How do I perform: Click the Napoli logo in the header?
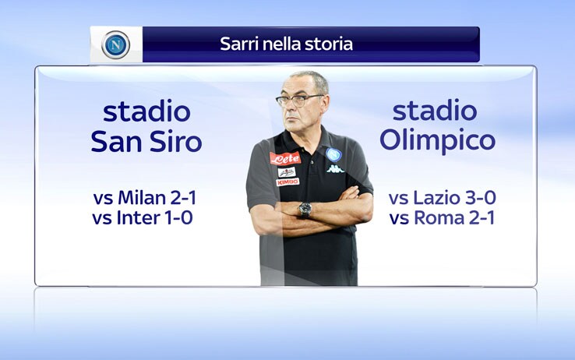pos(116,45)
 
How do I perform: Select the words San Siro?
pos(146,142)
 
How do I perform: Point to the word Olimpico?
pos(438,142)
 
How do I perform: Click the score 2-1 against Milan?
pos(183,198)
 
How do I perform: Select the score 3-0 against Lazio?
pos(481,198)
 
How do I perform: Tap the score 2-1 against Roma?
pos(482,217)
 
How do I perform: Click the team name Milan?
pos(142,198)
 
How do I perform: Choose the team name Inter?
pos(139,217)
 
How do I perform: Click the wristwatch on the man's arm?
pos(305,210)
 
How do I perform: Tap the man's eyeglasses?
pos(299,100)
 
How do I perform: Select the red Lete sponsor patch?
pos(285,158)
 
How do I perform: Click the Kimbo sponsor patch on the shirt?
pos(287,182)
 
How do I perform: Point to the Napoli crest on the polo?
pos(333,155)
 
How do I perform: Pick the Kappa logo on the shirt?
pos(335,169)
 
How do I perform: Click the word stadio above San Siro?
pos(146,111)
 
